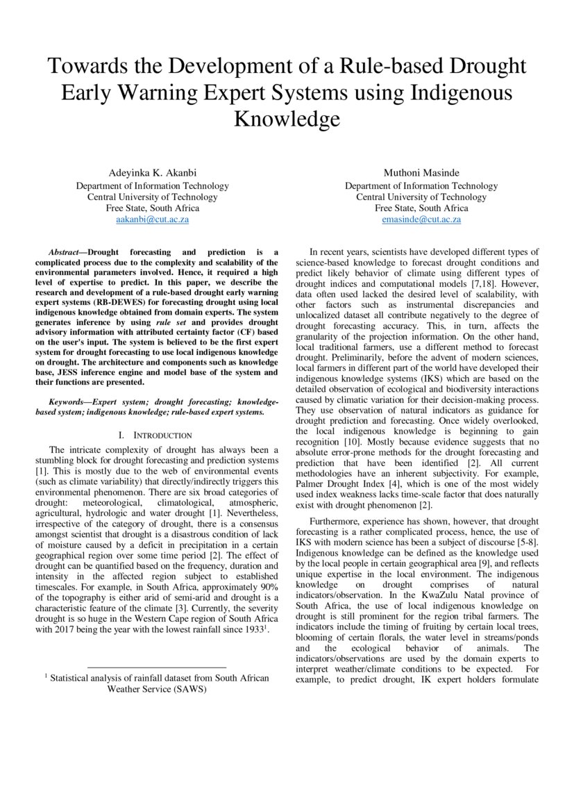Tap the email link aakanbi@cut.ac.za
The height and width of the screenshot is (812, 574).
tap(152, 219)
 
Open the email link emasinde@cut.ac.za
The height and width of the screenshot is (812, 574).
tap(421, 219)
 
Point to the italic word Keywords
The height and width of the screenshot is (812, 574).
tap(68, 402)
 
